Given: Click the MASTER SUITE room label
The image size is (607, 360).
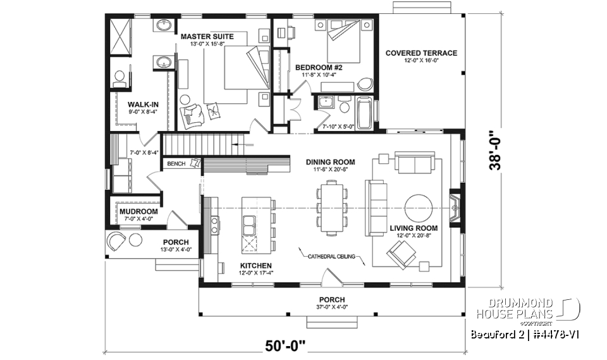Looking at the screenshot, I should point(207,37).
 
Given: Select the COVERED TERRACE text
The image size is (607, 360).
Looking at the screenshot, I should point(421,53).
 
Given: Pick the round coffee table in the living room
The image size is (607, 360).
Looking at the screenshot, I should point(419,208).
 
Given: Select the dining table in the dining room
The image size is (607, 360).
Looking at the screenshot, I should point(331,208).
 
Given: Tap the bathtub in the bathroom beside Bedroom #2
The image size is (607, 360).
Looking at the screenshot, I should point(365,113).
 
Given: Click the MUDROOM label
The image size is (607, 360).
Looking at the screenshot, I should point(138,211).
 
